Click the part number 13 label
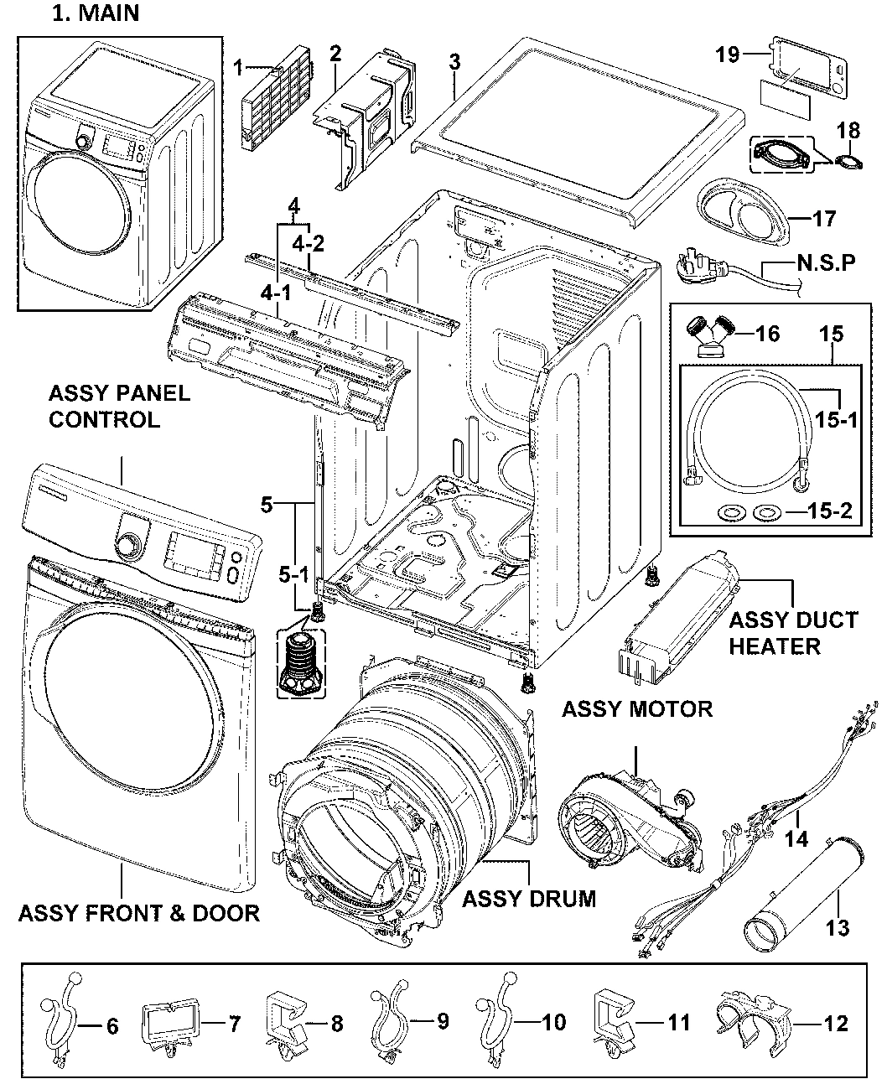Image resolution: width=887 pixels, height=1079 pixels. [x=837, y=927]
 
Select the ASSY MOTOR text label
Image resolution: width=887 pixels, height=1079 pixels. [x=636, y=709]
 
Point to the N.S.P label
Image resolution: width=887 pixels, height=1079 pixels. [x=826, y=263]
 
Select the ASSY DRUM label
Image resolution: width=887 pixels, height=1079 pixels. [x=529, y=899]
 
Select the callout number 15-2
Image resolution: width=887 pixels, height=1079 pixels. [x=832, y=511]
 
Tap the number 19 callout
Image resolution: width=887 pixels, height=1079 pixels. [x=727, y=55]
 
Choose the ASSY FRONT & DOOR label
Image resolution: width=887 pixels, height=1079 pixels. [x=138, y=912]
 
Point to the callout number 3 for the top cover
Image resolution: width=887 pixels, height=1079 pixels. [x=454, y=62]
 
